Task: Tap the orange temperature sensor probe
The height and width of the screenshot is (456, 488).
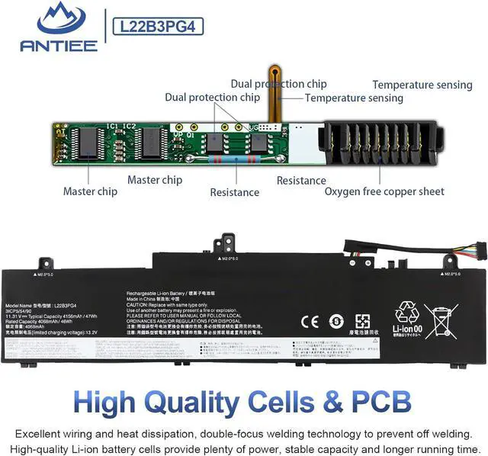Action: (x=278, y=84)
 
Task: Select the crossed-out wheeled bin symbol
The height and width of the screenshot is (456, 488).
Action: (x=441, y=320)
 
